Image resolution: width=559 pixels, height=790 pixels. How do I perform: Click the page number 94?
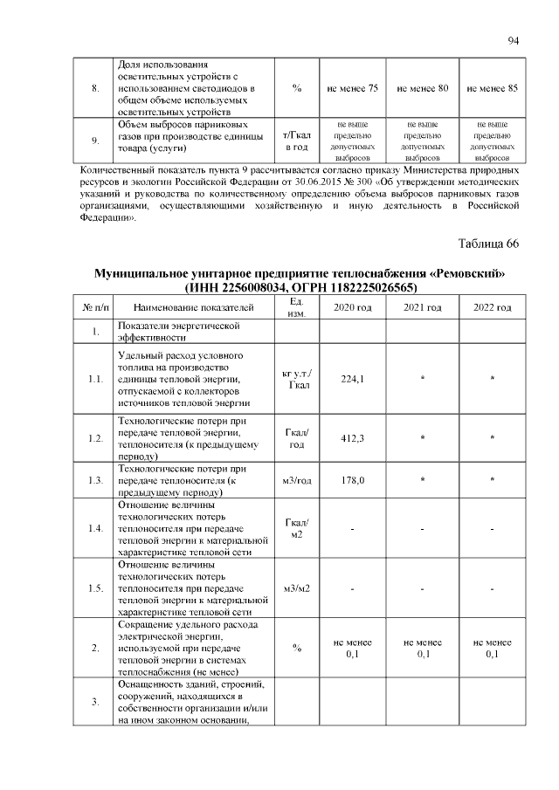[514, 40]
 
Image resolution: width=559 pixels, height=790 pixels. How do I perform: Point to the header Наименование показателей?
[194, 307]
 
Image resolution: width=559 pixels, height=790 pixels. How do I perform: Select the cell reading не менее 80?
[423, 88]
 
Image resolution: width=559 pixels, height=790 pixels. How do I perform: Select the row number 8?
[95, 88]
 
